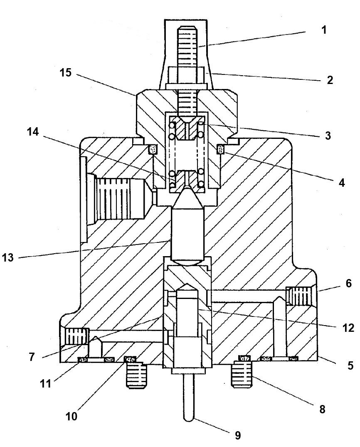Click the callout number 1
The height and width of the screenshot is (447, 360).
pyautogui.click(x=324, y=30)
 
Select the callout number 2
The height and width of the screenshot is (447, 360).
pyautogui.click(x=330, y=80)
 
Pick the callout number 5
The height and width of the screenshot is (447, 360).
pyautogui.click(x=350, y=366)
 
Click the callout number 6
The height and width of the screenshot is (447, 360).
pyautogui.click(x=348, y=284)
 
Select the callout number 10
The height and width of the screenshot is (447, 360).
pyautogui.click(x=71, y=415)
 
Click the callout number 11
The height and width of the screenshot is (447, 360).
pyautogui.click(x=45, y=383)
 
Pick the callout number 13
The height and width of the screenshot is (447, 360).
pyautogui.click(x=8, y=257)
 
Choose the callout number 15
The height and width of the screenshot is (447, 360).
pyautogui.click(x=65, y=73)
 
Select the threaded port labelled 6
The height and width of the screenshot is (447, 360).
pyautogui.click(x=299, y=296)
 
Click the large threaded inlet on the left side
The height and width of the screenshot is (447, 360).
pyautogui.click(x=118, y=197)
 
